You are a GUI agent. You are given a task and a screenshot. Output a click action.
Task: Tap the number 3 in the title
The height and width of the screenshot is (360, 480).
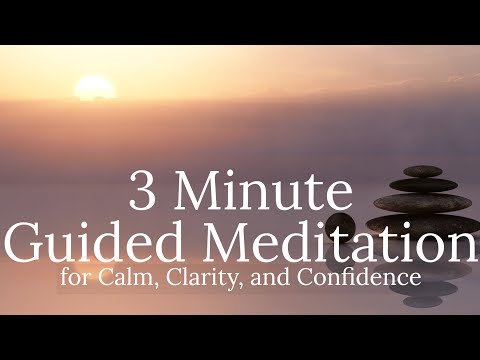[x=143, y=193]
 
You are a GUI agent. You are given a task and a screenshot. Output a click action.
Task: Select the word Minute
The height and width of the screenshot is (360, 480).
[x=270, y=193]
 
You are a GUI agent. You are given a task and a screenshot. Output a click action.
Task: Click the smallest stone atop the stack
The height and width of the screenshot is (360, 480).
[x=423, y=171]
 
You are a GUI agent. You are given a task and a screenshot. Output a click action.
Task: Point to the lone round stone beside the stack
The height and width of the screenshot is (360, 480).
[x=340, y=224]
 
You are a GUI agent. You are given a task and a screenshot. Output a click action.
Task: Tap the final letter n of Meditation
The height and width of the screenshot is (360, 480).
[x=461, y=245]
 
